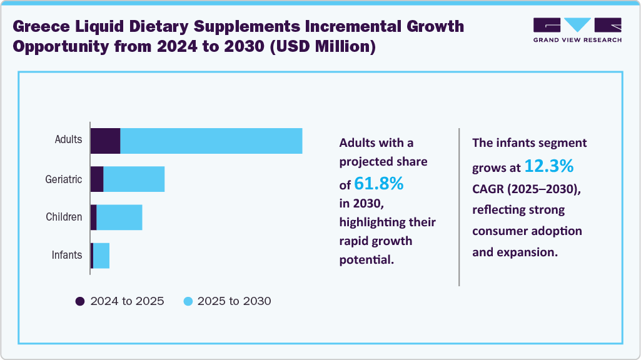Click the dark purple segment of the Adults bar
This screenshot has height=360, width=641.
[105, 141]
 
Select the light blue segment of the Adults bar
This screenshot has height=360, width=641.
[211, 141]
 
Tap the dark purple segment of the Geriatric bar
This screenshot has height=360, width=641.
[97, 179]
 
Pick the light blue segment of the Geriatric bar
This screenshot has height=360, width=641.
[134, 179]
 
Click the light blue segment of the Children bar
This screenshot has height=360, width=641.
[119, 217]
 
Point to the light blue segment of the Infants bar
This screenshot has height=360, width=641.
[101, 256]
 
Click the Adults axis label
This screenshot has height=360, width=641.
[68, 139]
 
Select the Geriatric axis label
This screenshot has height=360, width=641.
[64, 179]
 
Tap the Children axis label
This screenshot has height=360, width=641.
[64, 217]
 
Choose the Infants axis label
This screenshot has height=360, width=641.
[67, 255]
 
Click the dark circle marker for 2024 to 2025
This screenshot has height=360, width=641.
[80, 301]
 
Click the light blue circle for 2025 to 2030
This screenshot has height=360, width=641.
[188, 301]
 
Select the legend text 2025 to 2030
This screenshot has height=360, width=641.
[234, 301]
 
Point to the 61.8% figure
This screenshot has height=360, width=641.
[379, 184]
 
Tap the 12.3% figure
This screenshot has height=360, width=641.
[548, 166]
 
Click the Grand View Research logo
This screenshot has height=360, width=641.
[577, 29]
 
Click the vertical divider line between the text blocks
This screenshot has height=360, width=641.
[459, 206]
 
